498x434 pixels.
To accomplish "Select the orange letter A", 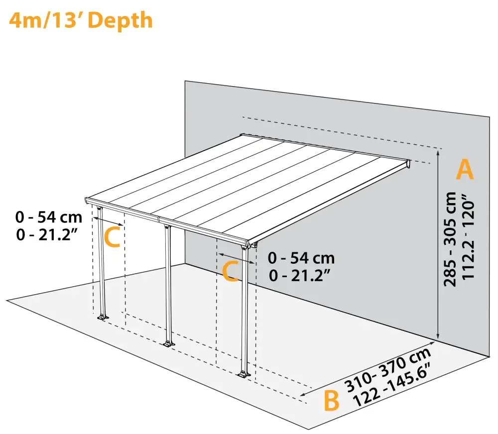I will pos(465,170).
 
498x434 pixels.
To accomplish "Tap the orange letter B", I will pos(331,401).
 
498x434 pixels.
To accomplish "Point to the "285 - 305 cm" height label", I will pos(450,239).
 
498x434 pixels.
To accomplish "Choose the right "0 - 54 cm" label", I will pos(301,258).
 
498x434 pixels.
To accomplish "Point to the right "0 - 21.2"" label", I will pos(301,275).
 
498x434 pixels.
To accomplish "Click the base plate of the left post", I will pos(103,317).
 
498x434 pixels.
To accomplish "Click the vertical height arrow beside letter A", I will pos(438,244).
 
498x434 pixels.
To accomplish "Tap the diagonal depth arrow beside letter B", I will pos(369,369).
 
